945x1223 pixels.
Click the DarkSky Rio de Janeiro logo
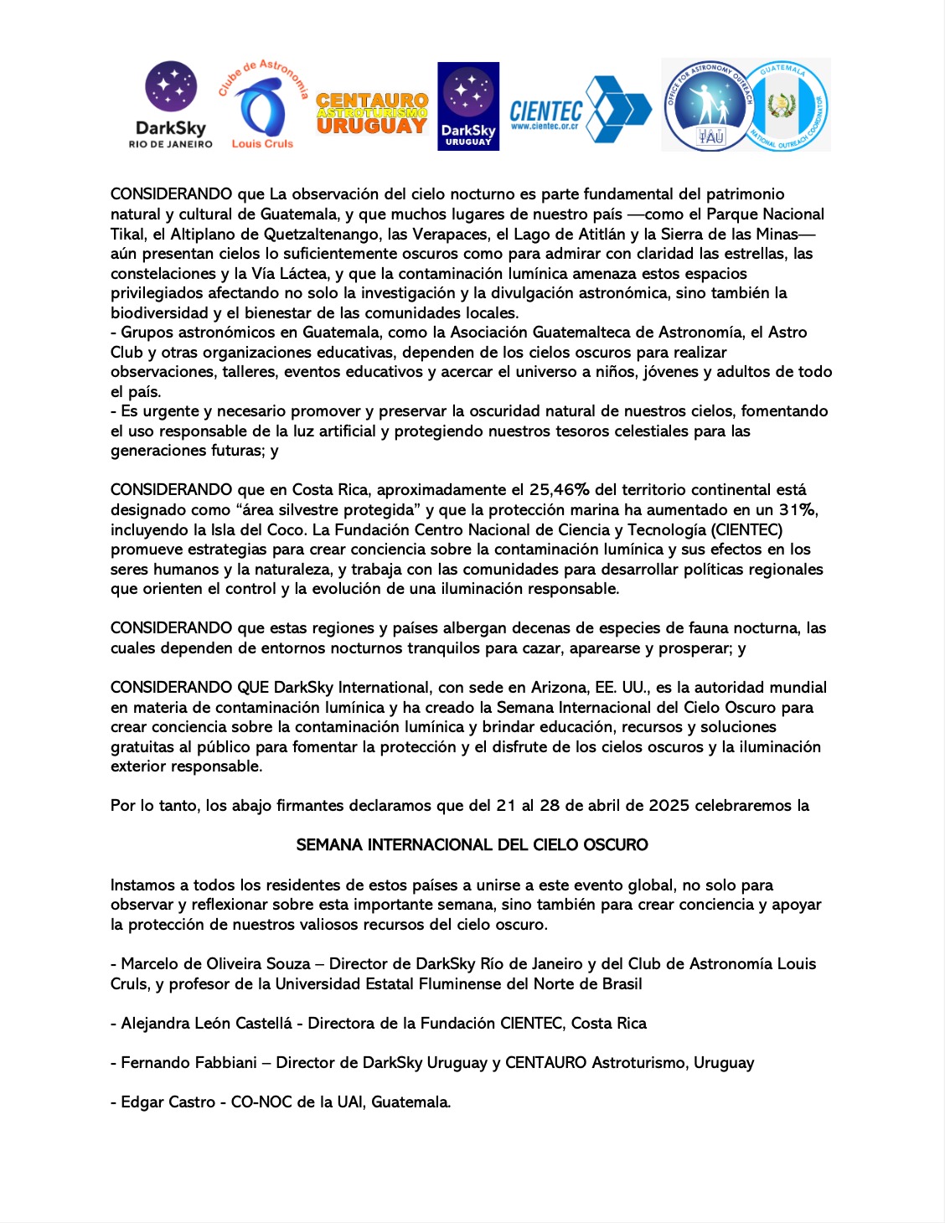point(171,105)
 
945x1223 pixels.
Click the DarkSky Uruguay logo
point(468,106)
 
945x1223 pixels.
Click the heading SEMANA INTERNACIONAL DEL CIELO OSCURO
point(472,845)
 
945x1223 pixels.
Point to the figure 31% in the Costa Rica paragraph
point(798,510)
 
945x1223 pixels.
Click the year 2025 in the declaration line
point(667,806)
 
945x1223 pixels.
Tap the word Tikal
point(127,235)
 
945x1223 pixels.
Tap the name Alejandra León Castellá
point(206,1024)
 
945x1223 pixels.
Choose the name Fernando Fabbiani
point(188,1063)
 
